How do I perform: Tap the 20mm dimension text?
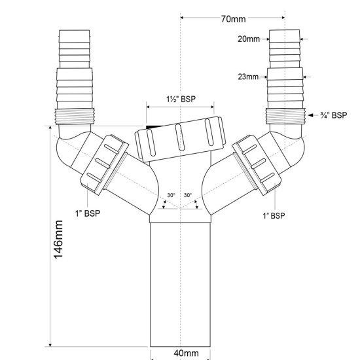pyautogui.click(x=247, y=39)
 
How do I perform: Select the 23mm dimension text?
pyautogui.click(x=248, y=76)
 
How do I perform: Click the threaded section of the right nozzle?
pyautogui.click(x=286, y=116)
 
